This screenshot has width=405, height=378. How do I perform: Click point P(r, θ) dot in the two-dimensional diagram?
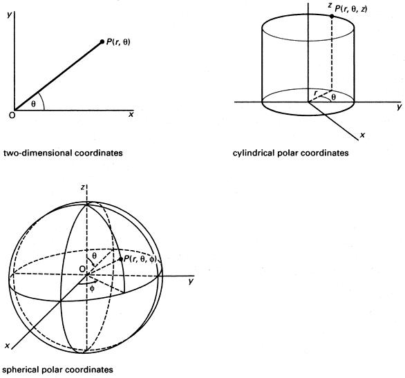coord(102,41)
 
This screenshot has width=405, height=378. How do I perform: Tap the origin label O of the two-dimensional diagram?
coord(12,115)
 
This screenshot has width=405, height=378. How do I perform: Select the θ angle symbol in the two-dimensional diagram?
coord(33,104)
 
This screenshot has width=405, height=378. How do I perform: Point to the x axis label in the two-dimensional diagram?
coord(131,115)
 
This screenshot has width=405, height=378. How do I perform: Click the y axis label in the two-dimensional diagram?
coord(10,15)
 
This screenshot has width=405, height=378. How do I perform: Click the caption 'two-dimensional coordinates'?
coord(63,153)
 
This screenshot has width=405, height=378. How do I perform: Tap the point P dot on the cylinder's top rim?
coord(332,16)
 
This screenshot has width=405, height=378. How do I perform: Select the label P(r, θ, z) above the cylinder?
coord(351,9)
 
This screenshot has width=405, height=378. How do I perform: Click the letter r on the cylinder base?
coord(315,93)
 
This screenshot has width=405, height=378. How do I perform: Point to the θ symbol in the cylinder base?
coord(334,97)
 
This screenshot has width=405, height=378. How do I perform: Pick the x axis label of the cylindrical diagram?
coord(363,135)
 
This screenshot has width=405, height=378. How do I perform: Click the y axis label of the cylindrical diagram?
coord(399,106)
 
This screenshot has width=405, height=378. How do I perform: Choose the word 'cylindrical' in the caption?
coord(253,153)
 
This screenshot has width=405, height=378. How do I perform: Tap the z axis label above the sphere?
coord(83,187)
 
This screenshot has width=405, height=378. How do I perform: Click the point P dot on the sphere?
coord(120,259)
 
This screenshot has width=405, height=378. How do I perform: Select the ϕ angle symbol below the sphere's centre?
coord(92,289)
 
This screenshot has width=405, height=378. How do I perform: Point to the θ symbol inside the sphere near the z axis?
coord(95,256)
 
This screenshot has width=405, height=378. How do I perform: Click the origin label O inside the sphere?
coord(82,269)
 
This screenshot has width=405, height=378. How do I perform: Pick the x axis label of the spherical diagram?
coord(7,346)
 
